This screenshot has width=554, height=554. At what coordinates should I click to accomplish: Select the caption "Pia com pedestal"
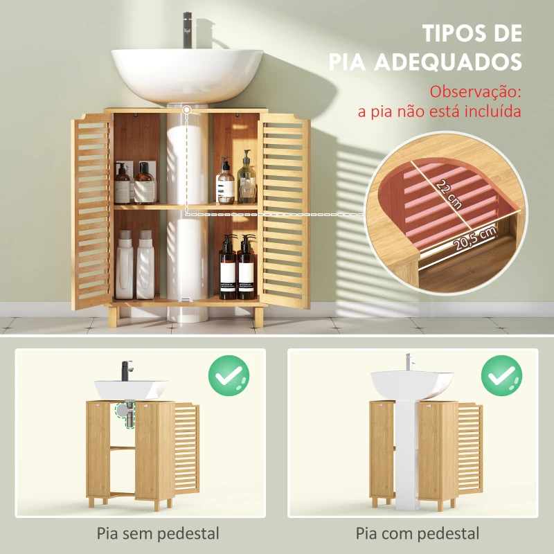[x=418, y=533]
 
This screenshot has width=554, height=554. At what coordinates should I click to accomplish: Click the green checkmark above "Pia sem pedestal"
[x=229, y=376]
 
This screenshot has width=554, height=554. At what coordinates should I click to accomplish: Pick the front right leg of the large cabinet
[x=258, y=316]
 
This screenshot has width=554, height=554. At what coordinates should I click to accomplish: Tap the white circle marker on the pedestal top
[x=187, y=110]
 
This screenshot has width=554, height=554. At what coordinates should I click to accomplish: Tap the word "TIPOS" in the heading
[x=451, y=33]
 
